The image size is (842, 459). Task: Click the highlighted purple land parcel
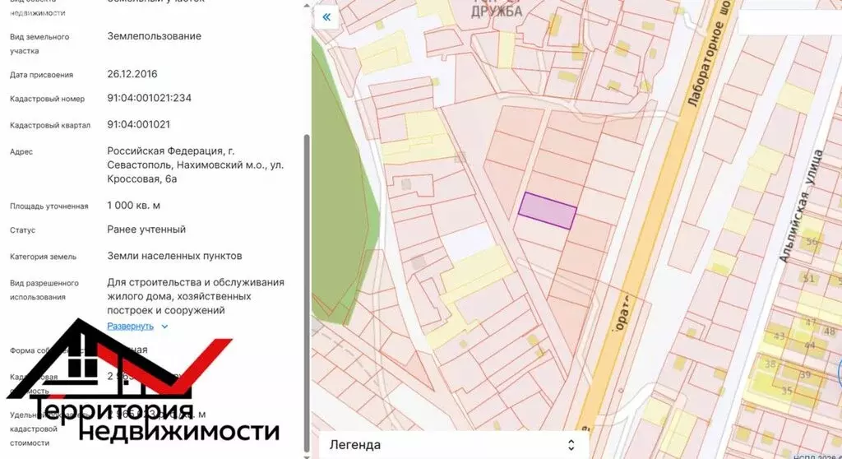[x=547, y=211]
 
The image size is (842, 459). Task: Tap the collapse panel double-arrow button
[x=326, y=17]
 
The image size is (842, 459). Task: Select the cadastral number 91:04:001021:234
[x=149, y=98]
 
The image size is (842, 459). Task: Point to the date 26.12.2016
[x=132, y=73]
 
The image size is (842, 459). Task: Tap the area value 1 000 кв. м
[x=133, y=205]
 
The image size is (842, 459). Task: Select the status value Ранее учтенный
[x=146, y=229]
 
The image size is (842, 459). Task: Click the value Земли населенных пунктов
[x=174, y=256]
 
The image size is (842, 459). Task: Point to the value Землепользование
[x=154, y=36]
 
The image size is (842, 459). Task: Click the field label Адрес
[x=21, y=152]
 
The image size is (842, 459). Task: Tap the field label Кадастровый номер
[x=47, y=100]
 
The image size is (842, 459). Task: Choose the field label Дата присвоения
[x=41, y=75]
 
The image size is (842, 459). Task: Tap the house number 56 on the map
[x=812, y=242]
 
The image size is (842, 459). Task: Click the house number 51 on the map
[x=808, y=279]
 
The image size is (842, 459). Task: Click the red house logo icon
[x=107, y=362]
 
